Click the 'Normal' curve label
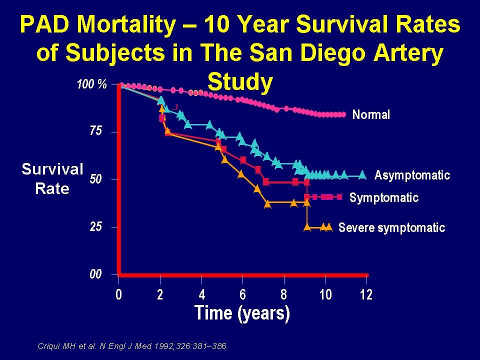point(371,115)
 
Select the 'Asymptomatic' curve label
point(412,175)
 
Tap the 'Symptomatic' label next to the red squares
point(383,197)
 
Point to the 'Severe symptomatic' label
point(391,228)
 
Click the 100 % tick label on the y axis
point(91,84)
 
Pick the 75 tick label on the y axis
point(95,131)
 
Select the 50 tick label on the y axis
point(95,179)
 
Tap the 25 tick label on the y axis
point(95,226)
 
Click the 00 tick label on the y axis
point(95,274)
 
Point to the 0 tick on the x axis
point(119,294)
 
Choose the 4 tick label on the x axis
point(201,294)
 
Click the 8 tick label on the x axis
point(284,294)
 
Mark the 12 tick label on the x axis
point(366,294)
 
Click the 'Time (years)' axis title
point(242,313)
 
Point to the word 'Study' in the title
point(240,82)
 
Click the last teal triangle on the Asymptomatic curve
point(363,175)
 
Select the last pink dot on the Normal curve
point(343,114)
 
